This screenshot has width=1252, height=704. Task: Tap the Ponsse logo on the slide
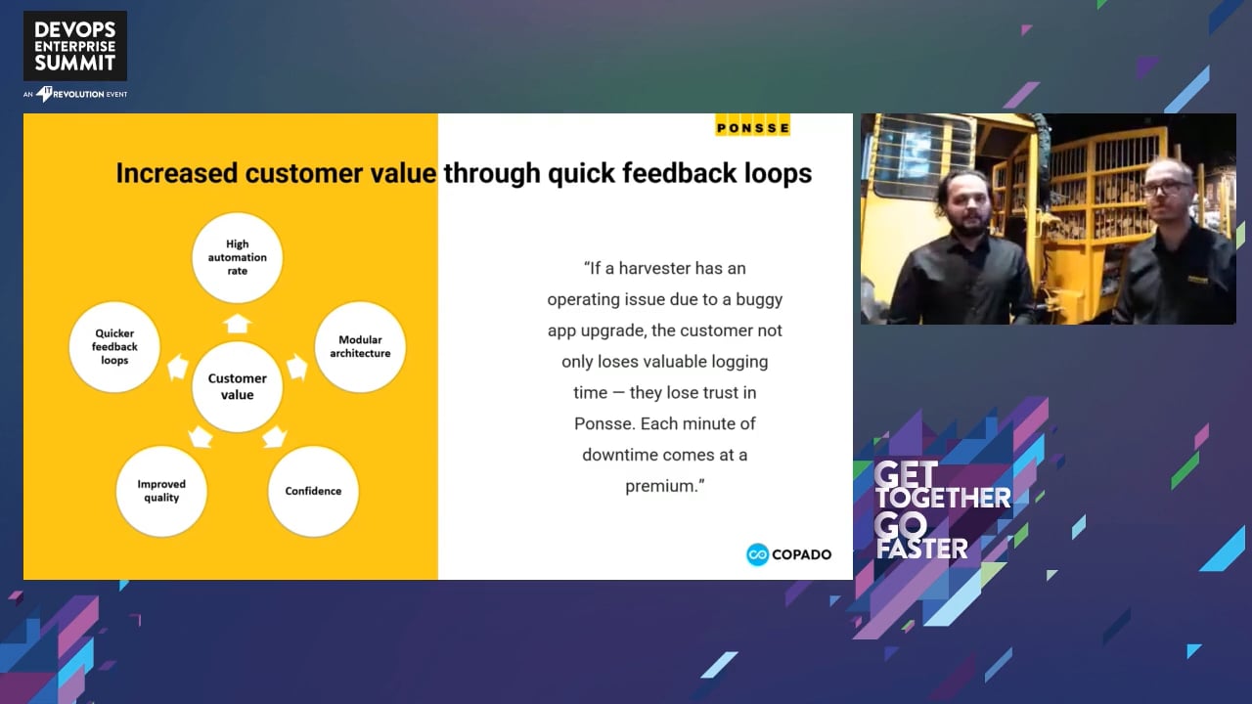pos(752,126)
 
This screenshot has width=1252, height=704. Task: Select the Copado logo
pos(788,554)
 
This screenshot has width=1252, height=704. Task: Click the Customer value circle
pos(237,386)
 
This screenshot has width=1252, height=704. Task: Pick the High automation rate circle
pos(237,257)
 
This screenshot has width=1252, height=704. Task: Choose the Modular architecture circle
pos(360,346)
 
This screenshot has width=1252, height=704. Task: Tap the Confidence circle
pos(313,491)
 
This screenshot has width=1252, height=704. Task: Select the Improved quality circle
pos(161,491)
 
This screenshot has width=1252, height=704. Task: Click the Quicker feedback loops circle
pos(114,346)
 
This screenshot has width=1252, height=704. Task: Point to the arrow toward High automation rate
pos(237,324)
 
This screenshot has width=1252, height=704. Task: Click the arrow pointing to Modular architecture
pos(297,367)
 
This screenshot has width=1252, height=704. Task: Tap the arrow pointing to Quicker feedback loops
pos(178,367)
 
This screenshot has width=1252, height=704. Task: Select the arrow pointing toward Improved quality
pos(201,437)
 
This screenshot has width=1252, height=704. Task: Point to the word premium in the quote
pos(662,486)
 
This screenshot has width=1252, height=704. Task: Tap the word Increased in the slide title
pos(177,173)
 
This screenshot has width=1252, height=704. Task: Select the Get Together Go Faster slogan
pos(943,510)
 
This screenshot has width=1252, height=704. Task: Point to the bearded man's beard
pos(972,225)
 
